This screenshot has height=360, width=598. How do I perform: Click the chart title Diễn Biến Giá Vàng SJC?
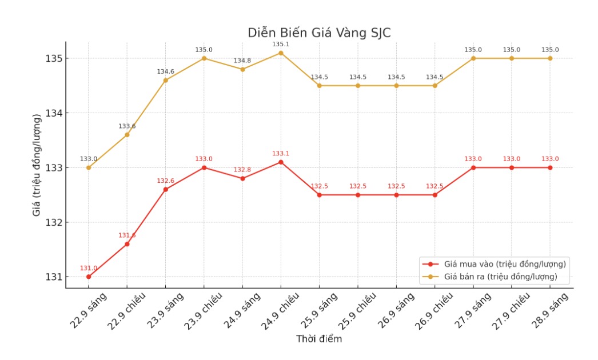(319, 33)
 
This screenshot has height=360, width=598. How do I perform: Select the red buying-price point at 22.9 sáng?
(89, 277)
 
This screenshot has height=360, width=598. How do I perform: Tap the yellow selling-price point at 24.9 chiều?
(281, 53)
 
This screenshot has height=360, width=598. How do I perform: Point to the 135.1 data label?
(281, 44)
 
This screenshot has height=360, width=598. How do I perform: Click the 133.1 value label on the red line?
(281, 153)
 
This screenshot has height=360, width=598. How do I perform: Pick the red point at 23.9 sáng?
(166, 189)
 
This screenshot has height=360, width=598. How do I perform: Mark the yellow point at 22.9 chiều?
(127, 134)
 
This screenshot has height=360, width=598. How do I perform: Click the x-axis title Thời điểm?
(319, 339)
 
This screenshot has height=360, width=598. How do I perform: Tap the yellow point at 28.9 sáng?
(550, 58)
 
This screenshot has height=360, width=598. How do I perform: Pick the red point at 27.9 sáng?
(473, 167)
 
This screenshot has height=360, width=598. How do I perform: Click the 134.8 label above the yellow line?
(242, 61)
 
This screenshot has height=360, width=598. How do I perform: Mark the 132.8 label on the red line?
(242, 170)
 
